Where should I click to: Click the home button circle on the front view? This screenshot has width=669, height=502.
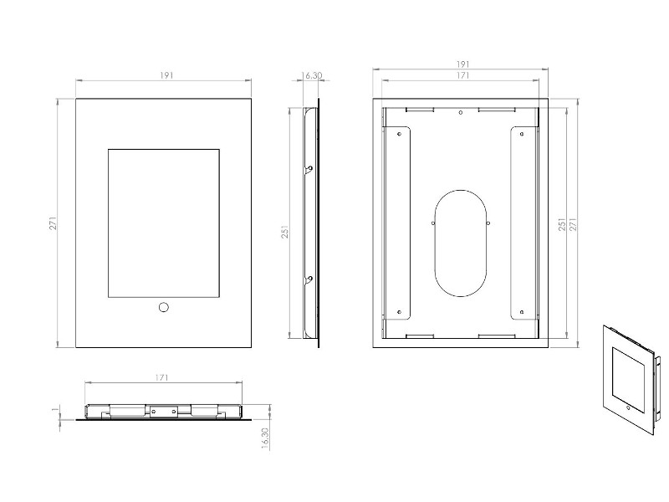coord(164,308)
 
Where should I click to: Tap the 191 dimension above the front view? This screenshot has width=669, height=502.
coord(166,75)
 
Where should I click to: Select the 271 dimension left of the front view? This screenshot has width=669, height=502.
coord(52,223)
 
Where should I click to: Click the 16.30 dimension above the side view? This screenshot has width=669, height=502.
coord(313,75)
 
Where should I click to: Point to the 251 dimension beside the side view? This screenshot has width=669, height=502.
coord(285,232)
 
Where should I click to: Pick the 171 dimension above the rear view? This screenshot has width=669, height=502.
coord(461,76)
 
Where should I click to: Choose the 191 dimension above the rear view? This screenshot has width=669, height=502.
coord(461,64)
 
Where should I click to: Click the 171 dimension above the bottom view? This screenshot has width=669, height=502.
coord(163,378)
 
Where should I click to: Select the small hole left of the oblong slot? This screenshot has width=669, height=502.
coord(432,223)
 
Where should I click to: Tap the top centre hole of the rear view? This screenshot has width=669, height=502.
coord(461,113)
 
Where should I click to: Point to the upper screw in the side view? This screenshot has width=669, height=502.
coord(310,170)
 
